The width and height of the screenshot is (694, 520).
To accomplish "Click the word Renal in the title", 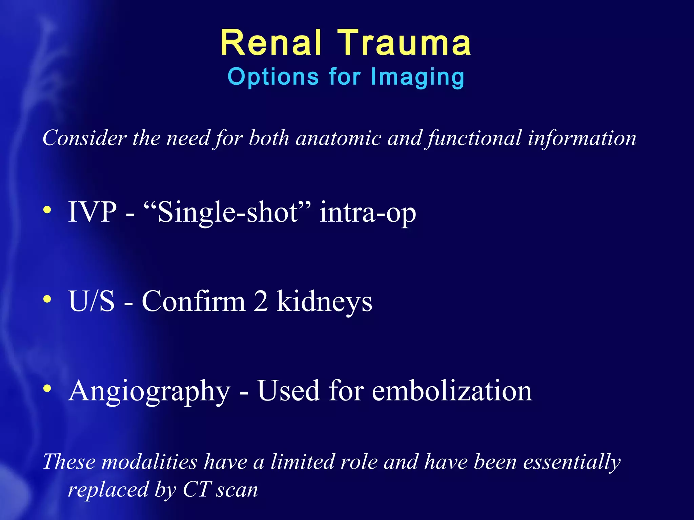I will pyautogui.click(x=270, y=43).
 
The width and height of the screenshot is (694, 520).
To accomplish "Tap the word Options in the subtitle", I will pyautogui.click(x=273, y=77).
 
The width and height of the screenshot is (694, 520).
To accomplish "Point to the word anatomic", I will pyautogui.click(x=339, y=138).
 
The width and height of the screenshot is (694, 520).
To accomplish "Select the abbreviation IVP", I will pyautogui.click(x=92, y=212).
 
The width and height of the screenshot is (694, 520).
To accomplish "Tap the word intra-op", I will pyautogui.click(x=368, y=213).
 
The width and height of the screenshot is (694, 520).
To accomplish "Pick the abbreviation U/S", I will pyautogui.click(x=91, y=301).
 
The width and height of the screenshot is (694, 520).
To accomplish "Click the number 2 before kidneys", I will pyautogui.click(x=261, y=301).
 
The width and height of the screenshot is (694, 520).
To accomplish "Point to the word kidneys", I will pyautogui.click(x=324, y=302).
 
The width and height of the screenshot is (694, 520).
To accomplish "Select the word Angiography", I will pyautogui.click(x=149, y=391).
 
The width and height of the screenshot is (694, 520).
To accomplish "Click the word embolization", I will pyautogui.click(x=452, y=391).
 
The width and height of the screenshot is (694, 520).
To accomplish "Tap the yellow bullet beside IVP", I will pyautogui.click(x=47, y=210).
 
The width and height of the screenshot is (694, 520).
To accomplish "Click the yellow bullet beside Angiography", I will pyautogui.click(x=47, y=388).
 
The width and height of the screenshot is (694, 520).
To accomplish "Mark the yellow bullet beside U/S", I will pyautogui.click(x=47, y=299).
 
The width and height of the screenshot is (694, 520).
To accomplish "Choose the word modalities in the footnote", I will pyautogui.click(x=149, y=462).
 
